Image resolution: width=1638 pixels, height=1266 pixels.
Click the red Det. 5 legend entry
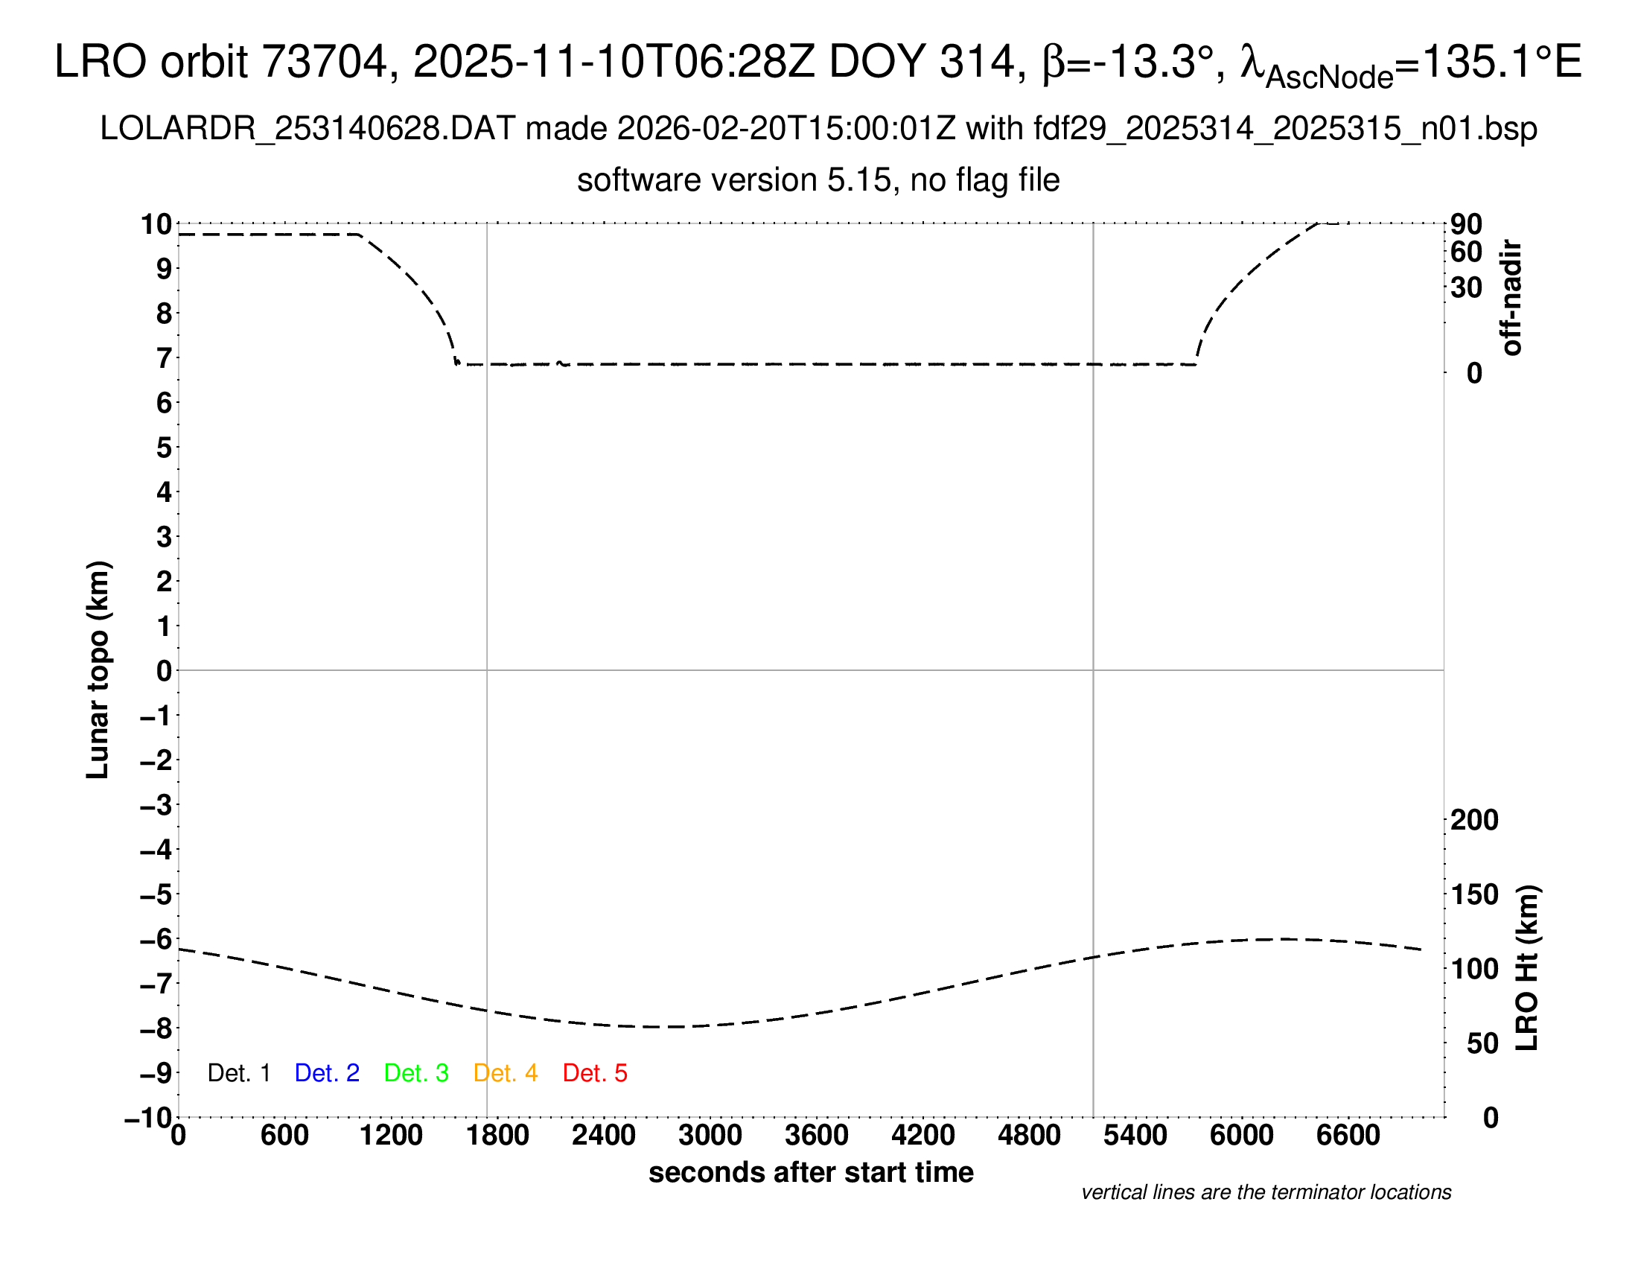point(595,1073)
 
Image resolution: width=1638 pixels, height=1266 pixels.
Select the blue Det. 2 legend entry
point(327,1073)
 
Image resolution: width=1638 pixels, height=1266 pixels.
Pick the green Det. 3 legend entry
point(416,1073)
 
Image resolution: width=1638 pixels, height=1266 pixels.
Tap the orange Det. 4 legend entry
point(506,1073)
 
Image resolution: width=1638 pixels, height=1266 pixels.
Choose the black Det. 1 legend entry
point(238,1073)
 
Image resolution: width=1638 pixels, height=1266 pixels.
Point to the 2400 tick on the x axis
point(604,1136)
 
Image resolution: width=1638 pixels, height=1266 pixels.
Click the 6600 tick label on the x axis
point(1348,1136)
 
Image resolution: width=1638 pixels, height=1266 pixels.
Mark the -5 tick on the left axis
point(157,894)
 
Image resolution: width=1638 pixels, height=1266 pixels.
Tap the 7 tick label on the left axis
point(165,358)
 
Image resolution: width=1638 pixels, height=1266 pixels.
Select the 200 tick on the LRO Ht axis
point(1474,820)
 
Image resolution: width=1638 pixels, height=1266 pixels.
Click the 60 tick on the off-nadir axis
point(1466,252)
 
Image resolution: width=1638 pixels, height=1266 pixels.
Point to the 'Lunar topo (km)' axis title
point(98,669)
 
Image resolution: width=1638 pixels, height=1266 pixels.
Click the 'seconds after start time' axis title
point(811,1172)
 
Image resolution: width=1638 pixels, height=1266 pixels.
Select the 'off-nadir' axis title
point(1511,298)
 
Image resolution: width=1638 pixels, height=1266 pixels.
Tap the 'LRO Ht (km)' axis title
point(1527,968)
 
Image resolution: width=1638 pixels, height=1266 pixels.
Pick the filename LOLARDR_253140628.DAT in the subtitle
point(307,129)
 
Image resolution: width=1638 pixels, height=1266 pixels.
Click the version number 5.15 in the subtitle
point(863,181)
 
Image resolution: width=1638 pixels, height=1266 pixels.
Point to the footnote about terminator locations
point(1266,1192)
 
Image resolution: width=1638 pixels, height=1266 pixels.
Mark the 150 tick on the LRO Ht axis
point(1474,894)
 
